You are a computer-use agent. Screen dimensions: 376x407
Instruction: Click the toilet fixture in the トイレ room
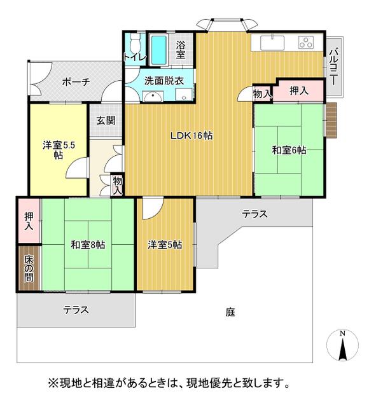tap(135, 43)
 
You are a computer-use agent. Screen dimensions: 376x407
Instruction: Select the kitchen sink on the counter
tap(272, 43)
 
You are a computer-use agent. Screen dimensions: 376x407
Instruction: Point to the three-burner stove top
tap(306, 43)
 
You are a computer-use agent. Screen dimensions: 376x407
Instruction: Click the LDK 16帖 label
tap(191, 135)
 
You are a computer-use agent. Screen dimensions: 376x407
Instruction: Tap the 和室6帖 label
tap(289, 150)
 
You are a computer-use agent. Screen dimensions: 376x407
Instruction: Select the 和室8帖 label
tap(88, 244)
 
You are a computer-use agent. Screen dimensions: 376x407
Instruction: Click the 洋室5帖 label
tap(165, 244)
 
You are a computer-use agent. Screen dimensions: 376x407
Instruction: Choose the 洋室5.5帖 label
tap(59, 150)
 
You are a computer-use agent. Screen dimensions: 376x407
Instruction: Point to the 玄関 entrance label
tap(106, 120)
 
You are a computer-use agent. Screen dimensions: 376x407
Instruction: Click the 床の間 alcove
tap(29, 268)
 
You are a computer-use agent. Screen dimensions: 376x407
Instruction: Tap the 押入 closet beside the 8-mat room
tap(29, 221)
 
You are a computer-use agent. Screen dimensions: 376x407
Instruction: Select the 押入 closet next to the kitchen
tap(299, 90)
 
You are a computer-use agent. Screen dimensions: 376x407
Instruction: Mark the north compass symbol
tap(342, 345)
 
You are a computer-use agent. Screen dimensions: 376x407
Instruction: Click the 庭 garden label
tap(230, 312)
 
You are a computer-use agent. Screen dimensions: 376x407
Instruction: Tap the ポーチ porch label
tap(76, 82)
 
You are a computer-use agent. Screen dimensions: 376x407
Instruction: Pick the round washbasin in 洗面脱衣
tap(153, 97)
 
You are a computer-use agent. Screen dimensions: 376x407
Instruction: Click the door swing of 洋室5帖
tap(153, 209)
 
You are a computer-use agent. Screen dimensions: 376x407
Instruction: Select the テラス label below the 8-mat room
tap(76, 310)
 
